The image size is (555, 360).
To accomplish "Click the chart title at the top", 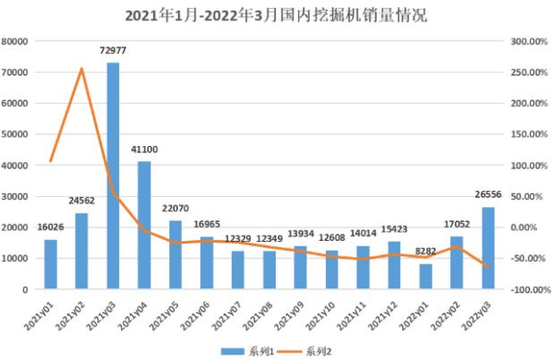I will [277, 15].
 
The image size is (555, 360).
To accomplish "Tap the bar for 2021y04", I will [144, 225].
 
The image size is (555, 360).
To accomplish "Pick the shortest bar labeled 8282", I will [425, 276].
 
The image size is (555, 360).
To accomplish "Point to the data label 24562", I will [82, 202].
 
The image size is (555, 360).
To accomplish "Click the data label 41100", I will [144, 150].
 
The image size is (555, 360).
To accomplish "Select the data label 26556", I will [488, 195].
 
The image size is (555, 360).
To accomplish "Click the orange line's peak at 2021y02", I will [81, 69].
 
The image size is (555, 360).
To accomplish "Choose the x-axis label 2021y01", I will [40, 313].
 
